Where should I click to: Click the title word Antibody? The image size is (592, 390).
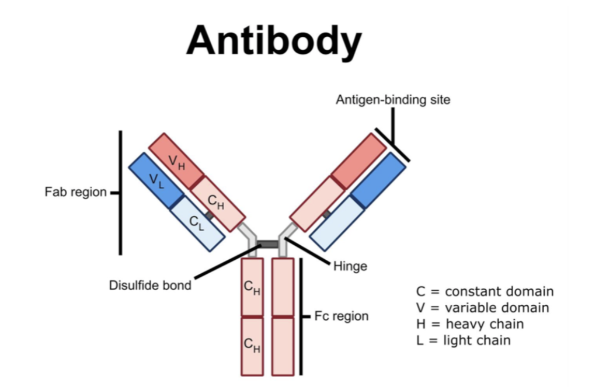coord(274,41)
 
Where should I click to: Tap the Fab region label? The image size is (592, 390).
coord(75,192)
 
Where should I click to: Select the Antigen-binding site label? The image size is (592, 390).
coord(393,100)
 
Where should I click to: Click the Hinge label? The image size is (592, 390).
coord(350,266)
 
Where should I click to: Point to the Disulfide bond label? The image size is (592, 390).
coord(150,285)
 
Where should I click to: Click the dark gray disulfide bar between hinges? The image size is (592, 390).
coord(268,243)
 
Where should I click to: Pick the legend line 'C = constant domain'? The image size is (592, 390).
coord(485,291)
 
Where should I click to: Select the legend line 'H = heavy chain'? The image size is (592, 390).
coord(469,324)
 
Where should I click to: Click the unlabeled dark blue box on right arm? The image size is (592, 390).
coord(378,180)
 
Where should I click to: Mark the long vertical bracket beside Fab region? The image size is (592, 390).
coord(120,193)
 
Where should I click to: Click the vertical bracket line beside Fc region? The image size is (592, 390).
coord(301,316)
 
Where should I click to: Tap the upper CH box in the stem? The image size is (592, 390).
coord(253,287)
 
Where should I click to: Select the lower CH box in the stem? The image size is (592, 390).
coord(253,346)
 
